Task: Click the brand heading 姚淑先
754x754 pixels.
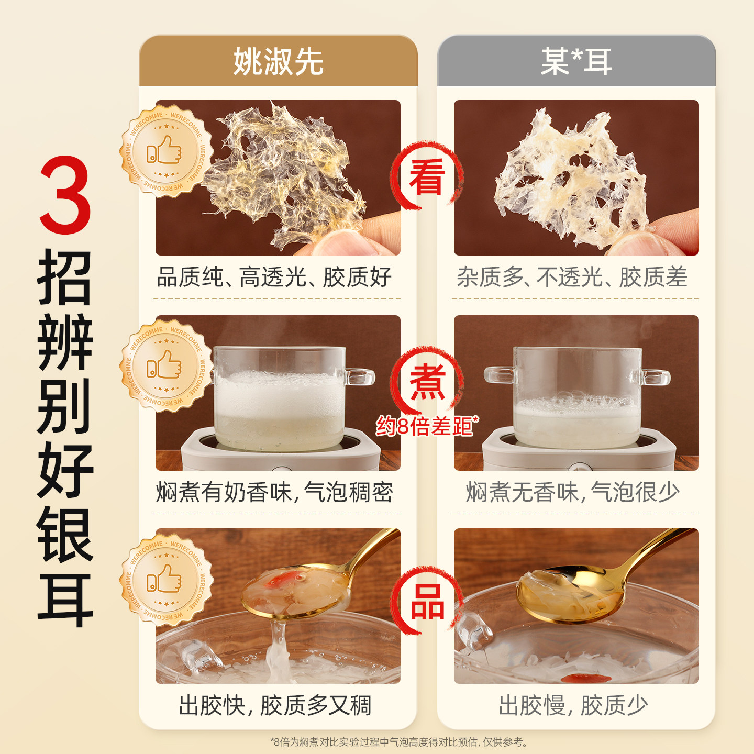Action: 278,62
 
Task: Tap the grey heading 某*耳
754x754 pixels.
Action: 576,62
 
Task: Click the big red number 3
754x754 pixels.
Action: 65,195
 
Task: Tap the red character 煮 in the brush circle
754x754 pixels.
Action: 427,381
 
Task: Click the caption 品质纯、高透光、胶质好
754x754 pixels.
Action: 274,278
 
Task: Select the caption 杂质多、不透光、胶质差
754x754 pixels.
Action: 572,278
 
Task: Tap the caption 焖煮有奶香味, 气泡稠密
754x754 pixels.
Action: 274,492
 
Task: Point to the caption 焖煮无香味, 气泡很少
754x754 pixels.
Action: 572,492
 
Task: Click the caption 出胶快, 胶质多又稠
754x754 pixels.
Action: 275,705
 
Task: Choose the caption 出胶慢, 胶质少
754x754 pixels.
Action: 573,705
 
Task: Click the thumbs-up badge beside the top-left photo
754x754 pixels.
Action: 167,151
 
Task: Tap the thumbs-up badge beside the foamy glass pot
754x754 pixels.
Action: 167,366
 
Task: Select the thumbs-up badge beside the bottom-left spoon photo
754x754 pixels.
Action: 167,580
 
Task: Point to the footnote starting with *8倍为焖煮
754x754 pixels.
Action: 399,741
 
